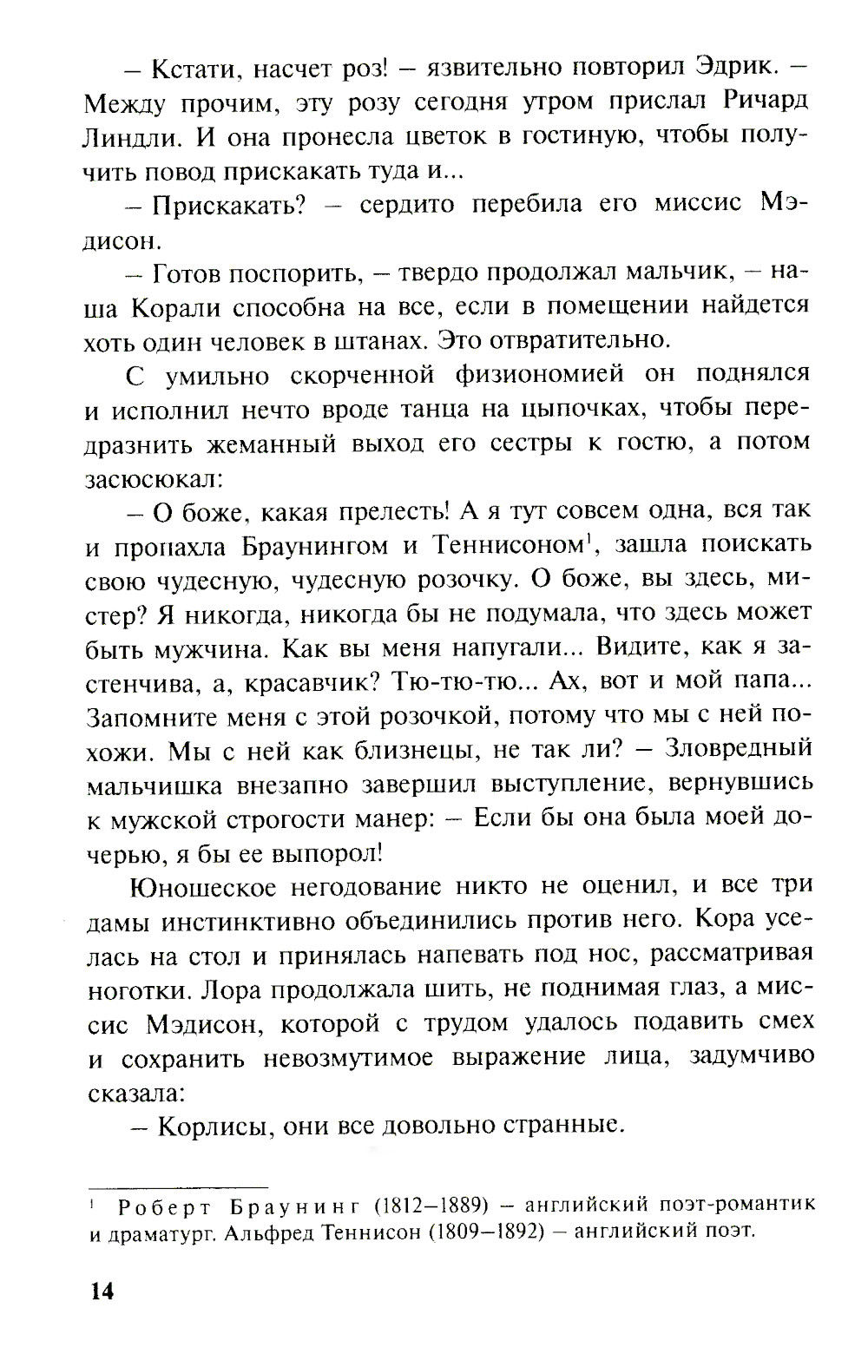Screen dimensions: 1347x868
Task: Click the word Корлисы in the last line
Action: [205, 1126]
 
